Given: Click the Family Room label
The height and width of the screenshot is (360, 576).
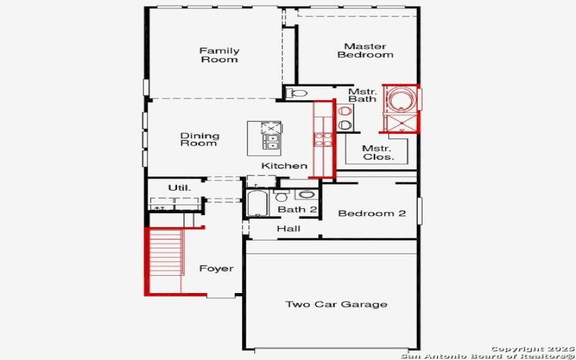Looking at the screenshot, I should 219,55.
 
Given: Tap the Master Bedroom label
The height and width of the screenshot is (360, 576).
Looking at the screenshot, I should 365,50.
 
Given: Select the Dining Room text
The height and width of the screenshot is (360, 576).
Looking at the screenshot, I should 199,139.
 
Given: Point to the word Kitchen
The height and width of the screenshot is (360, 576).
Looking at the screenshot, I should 284,166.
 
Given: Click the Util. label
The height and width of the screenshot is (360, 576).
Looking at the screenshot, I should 179,188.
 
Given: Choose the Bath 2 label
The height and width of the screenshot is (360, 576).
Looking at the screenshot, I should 297,210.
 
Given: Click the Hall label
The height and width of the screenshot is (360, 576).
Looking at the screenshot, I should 288,229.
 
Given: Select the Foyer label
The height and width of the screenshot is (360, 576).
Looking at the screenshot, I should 216,269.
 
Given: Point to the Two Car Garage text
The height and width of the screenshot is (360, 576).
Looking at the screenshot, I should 336,304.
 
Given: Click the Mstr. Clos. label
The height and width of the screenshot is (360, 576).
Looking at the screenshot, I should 377,152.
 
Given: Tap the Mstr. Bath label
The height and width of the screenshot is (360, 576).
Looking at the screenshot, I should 362,96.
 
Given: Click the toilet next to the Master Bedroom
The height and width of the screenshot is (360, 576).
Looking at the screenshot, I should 297,92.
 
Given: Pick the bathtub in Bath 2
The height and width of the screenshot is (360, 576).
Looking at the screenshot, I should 257,204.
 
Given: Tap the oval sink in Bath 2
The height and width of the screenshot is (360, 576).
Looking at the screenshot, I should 306,194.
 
